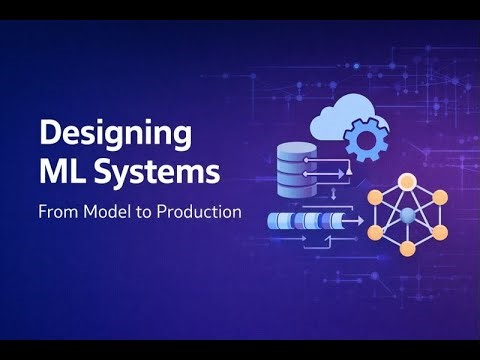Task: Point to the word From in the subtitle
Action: coord(57,212)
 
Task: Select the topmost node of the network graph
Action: coord(408,181)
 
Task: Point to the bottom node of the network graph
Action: coord(408,247)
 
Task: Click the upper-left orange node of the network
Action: coord(377,197)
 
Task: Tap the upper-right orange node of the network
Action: coord(439,197)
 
